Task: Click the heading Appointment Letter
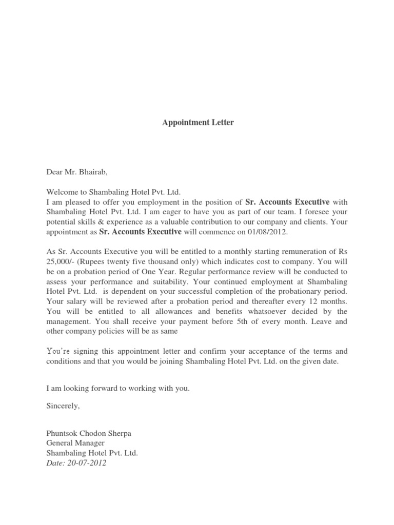[198, 123]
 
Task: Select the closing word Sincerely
[63, 406]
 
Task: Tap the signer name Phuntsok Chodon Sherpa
[89, 433]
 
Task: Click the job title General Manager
[75, 443]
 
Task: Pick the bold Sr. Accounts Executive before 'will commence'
[140, 232]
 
